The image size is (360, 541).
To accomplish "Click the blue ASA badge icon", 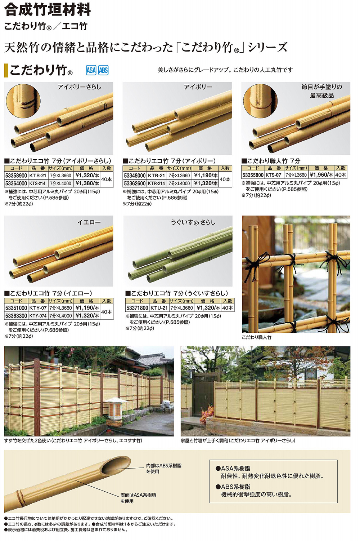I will point(91,70).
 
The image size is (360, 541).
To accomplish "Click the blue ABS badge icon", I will point(103,70).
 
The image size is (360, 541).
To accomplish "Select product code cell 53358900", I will point(16,176).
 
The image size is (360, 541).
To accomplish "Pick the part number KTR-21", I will point(156,176).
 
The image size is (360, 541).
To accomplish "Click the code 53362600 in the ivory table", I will point(135,183).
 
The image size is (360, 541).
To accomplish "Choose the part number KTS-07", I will point(274,175).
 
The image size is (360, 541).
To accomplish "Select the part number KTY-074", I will point(38,316).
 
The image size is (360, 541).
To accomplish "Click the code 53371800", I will point(137,308).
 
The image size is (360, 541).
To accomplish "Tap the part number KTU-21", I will point(159,308).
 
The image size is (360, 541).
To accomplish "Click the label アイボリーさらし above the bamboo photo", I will point(80,87).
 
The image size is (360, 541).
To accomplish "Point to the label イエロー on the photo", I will point(89,222).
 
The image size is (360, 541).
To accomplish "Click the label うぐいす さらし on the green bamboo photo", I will point(193,222).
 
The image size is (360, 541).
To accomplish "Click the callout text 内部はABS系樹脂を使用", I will point(163,468).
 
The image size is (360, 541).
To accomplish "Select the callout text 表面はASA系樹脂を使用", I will point(138,498).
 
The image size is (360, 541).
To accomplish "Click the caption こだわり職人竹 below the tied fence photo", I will point(257,337).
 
